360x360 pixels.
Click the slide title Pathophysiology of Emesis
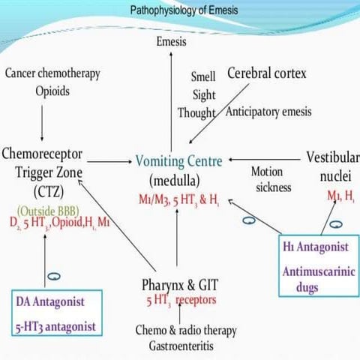179,10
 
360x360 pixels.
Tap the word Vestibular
333,157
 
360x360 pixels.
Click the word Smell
203,76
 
